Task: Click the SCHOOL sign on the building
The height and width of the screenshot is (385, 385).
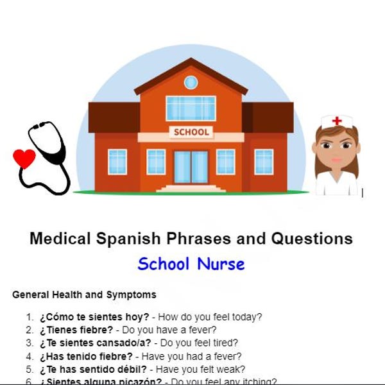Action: (191, 132)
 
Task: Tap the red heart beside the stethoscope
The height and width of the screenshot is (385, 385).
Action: (24, 157)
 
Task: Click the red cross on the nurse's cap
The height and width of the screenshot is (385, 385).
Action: (337, 121)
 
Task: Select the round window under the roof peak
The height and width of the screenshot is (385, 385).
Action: (191, 82)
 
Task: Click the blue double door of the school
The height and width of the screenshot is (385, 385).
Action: (191, 167)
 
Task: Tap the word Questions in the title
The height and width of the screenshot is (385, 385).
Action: (312, 239)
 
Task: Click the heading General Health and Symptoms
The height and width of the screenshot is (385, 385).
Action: (84, 295)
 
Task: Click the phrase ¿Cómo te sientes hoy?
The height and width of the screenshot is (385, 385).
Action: (94, 317)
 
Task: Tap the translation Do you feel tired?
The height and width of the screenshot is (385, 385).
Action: (199, 343)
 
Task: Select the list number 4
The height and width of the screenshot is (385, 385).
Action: (29, 356)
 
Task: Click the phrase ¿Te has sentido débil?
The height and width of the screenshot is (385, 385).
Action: (94, 370)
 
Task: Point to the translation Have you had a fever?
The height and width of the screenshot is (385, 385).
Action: (192, 356)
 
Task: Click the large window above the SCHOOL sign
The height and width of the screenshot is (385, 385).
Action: (191, 108)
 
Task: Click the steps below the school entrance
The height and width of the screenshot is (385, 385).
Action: (191, 189)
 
